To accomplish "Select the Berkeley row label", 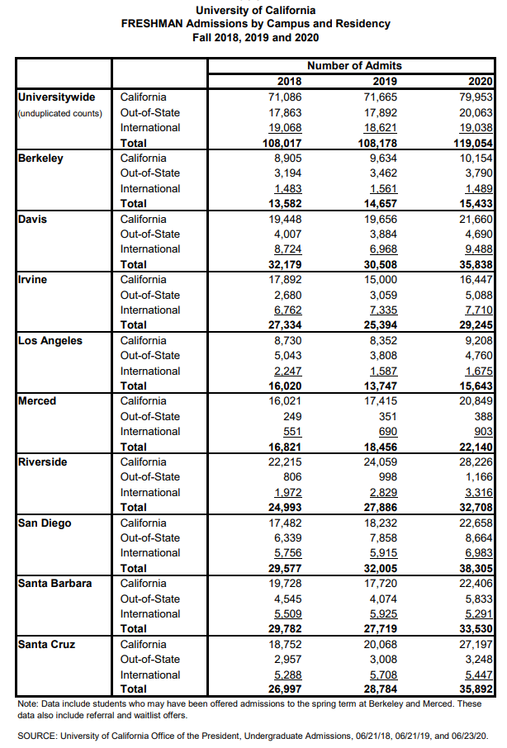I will (x=40, y=158).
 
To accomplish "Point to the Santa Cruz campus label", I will (x=48, y=644).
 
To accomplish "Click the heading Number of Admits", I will (x=354, y=65).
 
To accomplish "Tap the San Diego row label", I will (x=45, y=523).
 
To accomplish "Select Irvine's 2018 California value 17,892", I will (x=284, y=279).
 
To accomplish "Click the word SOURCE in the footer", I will (x=39, y=734).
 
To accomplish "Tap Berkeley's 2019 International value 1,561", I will (x=383, y=188).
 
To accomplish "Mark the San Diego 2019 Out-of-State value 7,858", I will (x=383, y=537).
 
